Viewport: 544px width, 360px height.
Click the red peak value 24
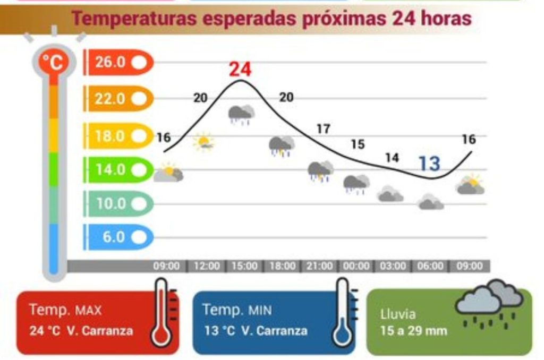pyautogui.click(x=240, y=70)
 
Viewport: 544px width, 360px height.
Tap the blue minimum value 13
pyautogui.click(x=429, y=164)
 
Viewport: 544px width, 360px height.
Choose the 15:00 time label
pyautogui.click(x=244, y=266)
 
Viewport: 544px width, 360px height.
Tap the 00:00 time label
pyautogui.click(x=356, y=266)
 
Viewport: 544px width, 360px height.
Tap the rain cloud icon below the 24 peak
pyautogui.click(x=241, y=114)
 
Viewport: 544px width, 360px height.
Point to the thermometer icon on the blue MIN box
pyautogui.click(x=343, y=313)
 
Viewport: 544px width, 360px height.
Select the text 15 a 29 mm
pyautogui.click(x=414, y=331)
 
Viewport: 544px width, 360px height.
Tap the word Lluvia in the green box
pyautogui.click(x=398, y=314)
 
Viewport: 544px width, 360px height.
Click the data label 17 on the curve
pyautogui.click(x=323, y=128)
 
